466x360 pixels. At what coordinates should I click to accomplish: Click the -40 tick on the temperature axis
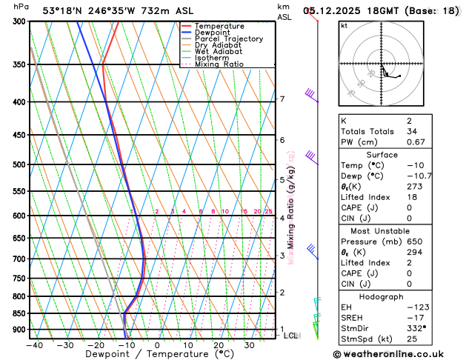[34, 344]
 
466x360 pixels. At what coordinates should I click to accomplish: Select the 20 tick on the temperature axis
[219, 344]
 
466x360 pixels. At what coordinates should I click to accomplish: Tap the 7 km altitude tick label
[282, 99]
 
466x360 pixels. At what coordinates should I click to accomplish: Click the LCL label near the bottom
[291, 336]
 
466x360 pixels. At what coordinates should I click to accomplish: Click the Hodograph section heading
[397, 296]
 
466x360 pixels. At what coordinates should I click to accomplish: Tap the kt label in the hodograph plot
[344, 25]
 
